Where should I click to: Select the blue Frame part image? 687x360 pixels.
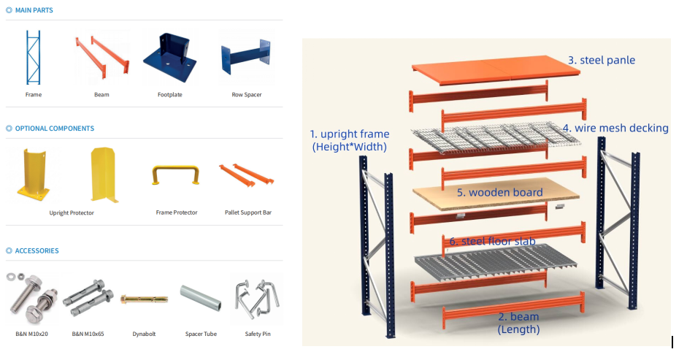coord(34,58)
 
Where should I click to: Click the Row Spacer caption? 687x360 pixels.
coord(247,95)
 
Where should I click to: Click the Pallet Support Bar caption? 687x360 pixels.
coord(248,212)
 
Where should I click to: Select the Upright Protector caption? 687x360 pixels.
coord(72,213)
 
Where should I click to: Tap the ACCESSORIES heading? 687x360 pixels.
coord(37,250)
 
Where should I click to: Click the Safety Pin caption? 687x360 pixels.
coord(258,334)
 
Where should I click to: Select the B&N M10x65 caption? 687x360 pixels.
coord(87,334)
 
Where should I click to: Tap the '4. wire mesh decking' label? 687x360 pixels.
coord(615,129)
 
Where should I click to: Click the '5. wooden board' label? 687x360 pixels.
coord(499,193)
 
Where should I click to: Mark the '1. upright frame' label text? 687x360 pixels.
coord(350,134)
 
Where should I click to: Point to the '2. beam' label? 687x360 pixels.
coord(518,316)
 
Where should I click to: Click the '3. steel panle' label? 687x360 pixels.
coord(602,60)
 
